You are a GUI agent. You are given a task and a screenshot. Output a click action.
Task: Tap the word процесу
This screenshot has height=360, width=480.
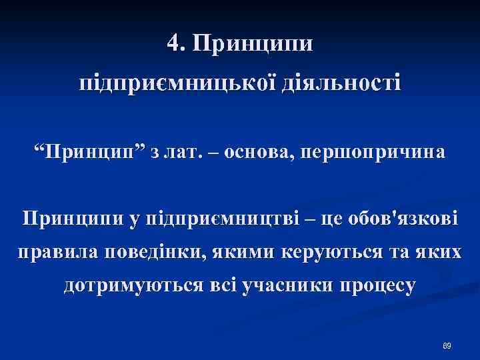coord(378,287)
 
